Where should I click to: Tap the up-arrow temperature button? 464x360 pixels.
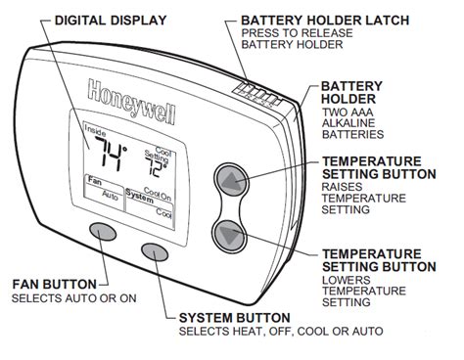pos(229,182)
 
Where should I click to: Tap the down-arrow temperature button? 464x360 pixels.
pos(229,235)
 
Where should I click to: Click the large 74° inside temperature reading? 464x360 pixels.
pos(109,154)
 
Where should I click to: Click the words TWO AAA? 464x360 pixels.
pos(348,115)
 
